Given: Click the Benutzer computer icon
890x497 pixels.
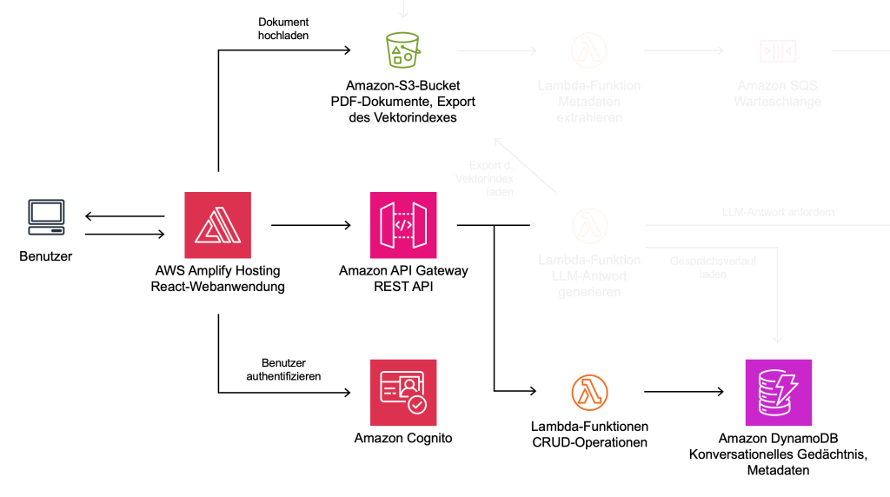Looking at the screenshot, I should pyautogui.click(x=45, y=217).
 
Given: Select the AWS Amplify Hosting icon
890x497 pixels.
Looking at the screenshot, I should pyautogui.click(x=217, y=225).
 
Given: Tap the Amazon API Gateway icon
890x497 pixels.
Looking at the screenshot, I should pyautogui.click(x=403, y=225).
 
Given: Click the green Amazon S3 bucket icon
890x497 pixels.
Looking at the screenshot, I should pyautogui.click(x=403, y=50).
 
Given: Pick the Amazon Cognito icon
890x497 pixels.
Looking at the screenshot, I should pyautogui.click(x=403, y=392).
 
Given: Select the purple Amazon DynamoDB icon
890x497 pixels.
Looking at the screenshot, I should pyautogui.click(x=778, y=392).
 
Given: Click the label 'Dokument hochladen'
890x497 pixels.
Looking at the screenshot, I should pyautogui.click(x=283, y=29).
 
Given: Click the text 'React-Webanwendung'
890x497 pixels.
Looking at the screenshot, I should pyautogui.click(x=217, y=287).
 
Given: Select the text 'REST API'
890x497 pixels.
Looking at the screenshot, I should pyautogui.click(x=403, y=287).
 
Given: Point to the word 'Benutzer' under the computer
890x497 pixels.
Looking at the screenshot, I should pyautogui.click(x=45, y=257).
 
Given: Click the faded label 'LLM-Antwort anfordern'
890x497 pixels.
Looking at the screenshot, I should pyautogui.click(x=778, y=212).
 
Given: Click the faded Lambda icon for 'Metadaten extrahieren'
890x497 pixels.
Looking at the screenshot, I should pyautogui.click(x=589, y=50).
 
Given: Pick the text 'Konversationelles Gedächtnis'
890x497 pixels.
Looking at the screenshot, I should pyautogui.click(x=778, y=454).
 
